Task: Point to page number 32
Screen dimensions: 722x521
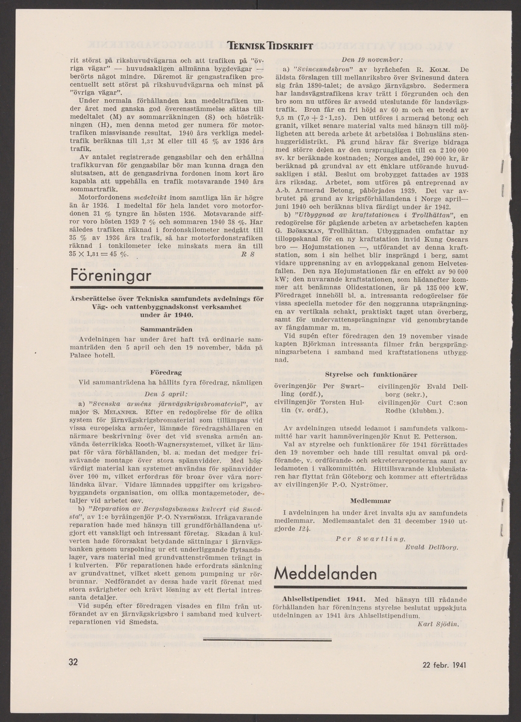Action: pyautogui.click(x=73, y=662)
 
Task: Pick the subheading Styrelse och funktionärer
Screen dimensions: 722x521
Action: pyautogui.click(x=372, y=374)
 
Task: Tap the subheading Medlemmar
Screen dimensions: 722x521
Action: pyautogui.click(x=371, y=501)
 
